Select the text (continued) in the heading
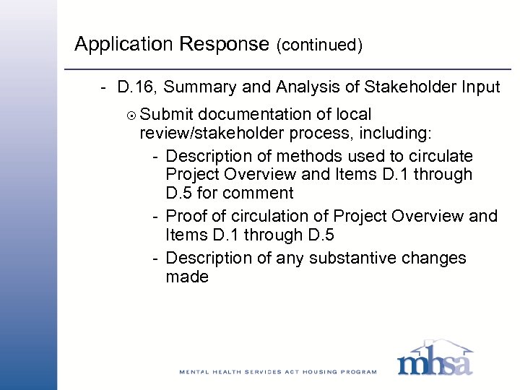318,45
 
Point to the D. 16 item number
136,88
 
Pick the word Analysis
310,88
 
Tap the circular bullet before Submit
130,115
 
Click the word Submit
167,114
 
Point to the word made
187,277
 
